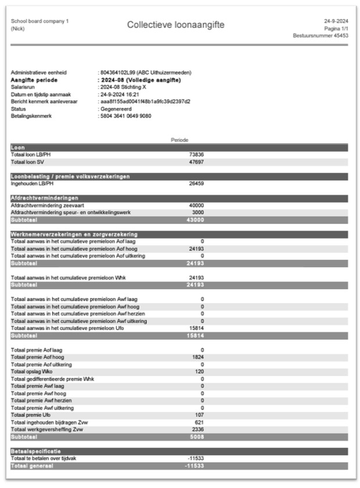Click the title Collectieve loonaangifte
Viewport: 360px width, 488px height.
[179, 24]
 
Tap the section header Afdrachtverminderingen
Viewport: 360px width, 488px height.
[41, 198]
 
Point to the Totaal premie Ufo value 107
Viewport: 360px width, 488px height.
[200, 415]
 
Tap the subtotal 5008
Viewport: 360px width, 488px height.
[197, 436]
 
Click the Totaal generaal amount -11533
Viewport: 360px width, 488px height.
[195, 465]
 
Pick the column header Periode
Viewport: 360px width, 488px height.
[179, 140]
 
